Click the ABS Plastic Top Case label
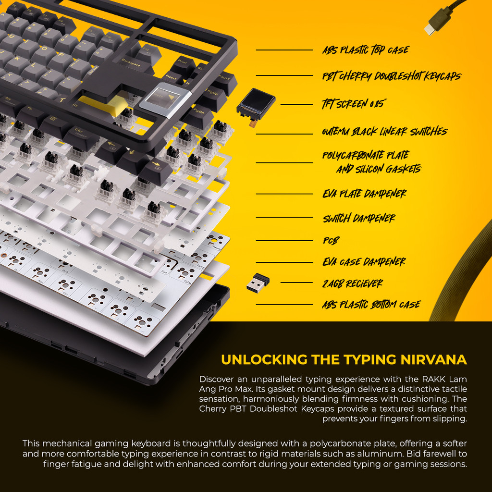366,50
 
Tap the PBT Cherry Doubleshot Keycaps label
392,76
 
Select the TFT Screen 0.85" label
354,104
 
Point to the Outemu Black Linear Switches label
384,132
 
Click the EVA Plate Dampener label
364,194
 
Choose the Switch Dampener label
359,218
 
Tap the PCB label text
331,241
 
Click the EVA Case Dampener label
364,262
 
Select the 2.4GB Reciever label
352,283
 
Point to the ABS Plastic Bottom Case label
371,305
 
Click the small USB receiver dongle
258,283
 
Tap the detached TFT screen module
256,104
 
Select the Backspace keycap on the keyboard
131,62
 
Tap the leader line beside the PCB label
284,241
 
